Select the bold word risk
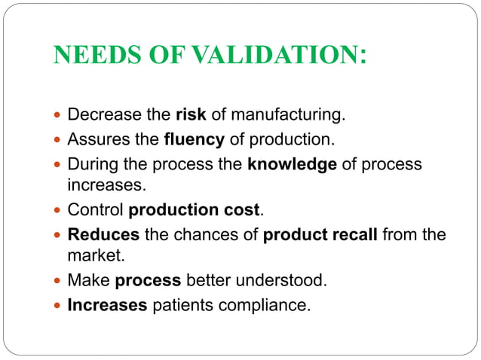[191, 116]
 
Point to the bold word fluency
[193, 139]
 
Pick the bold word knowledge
[292, 163]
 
